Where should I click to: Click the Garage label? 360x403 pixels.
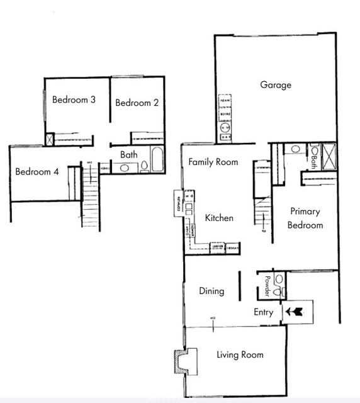pos(276,85)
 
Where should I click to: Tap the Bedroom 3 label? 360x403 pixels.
pos(74,99)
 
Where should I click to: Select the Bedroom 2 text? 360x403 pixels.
pos(137,103)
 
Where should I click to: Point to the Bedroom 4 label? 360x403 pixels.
pos(37,171)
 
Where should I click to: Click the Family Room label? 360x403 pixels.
pos(213,162)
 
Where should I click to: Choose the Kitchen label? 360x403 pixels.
pos(219,218)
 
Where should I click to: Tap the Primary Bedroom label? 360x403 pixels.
pos(305,219)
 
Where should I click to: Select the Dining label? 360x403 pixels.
pos(211,291)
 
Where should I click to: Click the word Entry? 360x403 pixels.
pos(263,312)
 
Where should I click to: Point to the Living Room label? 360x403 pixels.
pos(240,355)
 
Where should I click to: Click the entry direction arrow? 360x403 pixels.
pos(295,310)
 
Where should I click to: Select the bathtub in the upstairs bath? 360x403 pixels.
pos(157,159)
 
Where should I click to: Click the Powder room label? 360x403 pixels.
pos(267,287)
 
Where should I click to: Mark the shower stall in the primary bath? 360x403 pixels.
pos(328,154)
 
